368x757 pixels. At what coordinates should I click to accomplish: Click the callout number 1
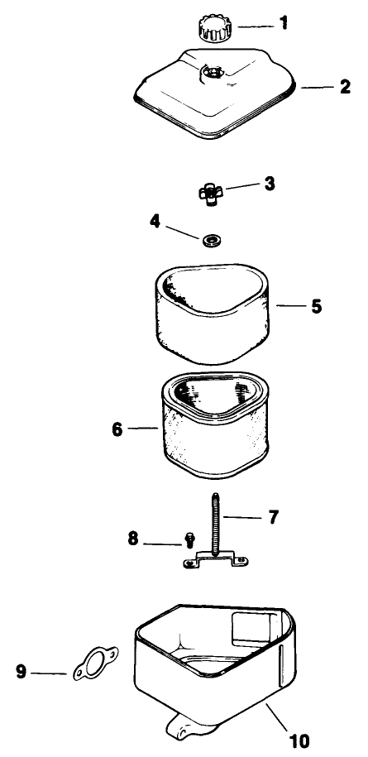[x=284, y=22]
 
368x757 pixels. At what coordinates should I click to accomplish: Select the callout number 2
[x=345, y=87]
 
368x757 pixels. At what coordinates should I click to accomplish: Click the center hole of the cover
[x=213, y=73]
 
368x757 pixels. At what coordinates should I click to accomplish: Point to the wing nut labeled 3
[x=211, y=194]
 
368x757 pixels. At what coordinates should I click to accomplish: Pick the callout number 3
[x=269, y=184]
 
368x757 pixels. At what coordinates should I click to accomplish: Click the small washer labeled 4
[x=209, y=240]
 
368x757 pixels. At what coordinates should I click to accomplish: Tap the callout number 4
[x=155, y=221]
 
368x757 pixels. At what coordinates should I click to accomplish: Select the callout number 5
[x=316, y=307]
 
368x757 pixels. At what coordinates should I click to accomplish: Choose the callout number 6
[x=117, y=429]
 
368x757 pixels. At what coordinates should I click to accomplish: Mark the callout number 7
[x=273, y=518]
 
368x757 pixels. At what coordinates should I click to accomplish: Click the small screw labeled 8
[x=189, y=539]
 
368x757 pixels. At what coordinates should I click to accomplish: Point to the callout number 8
[x=133, y=539]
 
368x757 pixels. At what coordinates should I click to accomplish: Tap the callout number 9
[x=21, y=672]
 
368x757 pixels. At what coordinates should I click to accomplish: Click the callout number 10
[x=299, y=740]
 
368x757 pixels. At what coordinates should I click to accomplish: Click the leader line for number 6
[x=143, y=429]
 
